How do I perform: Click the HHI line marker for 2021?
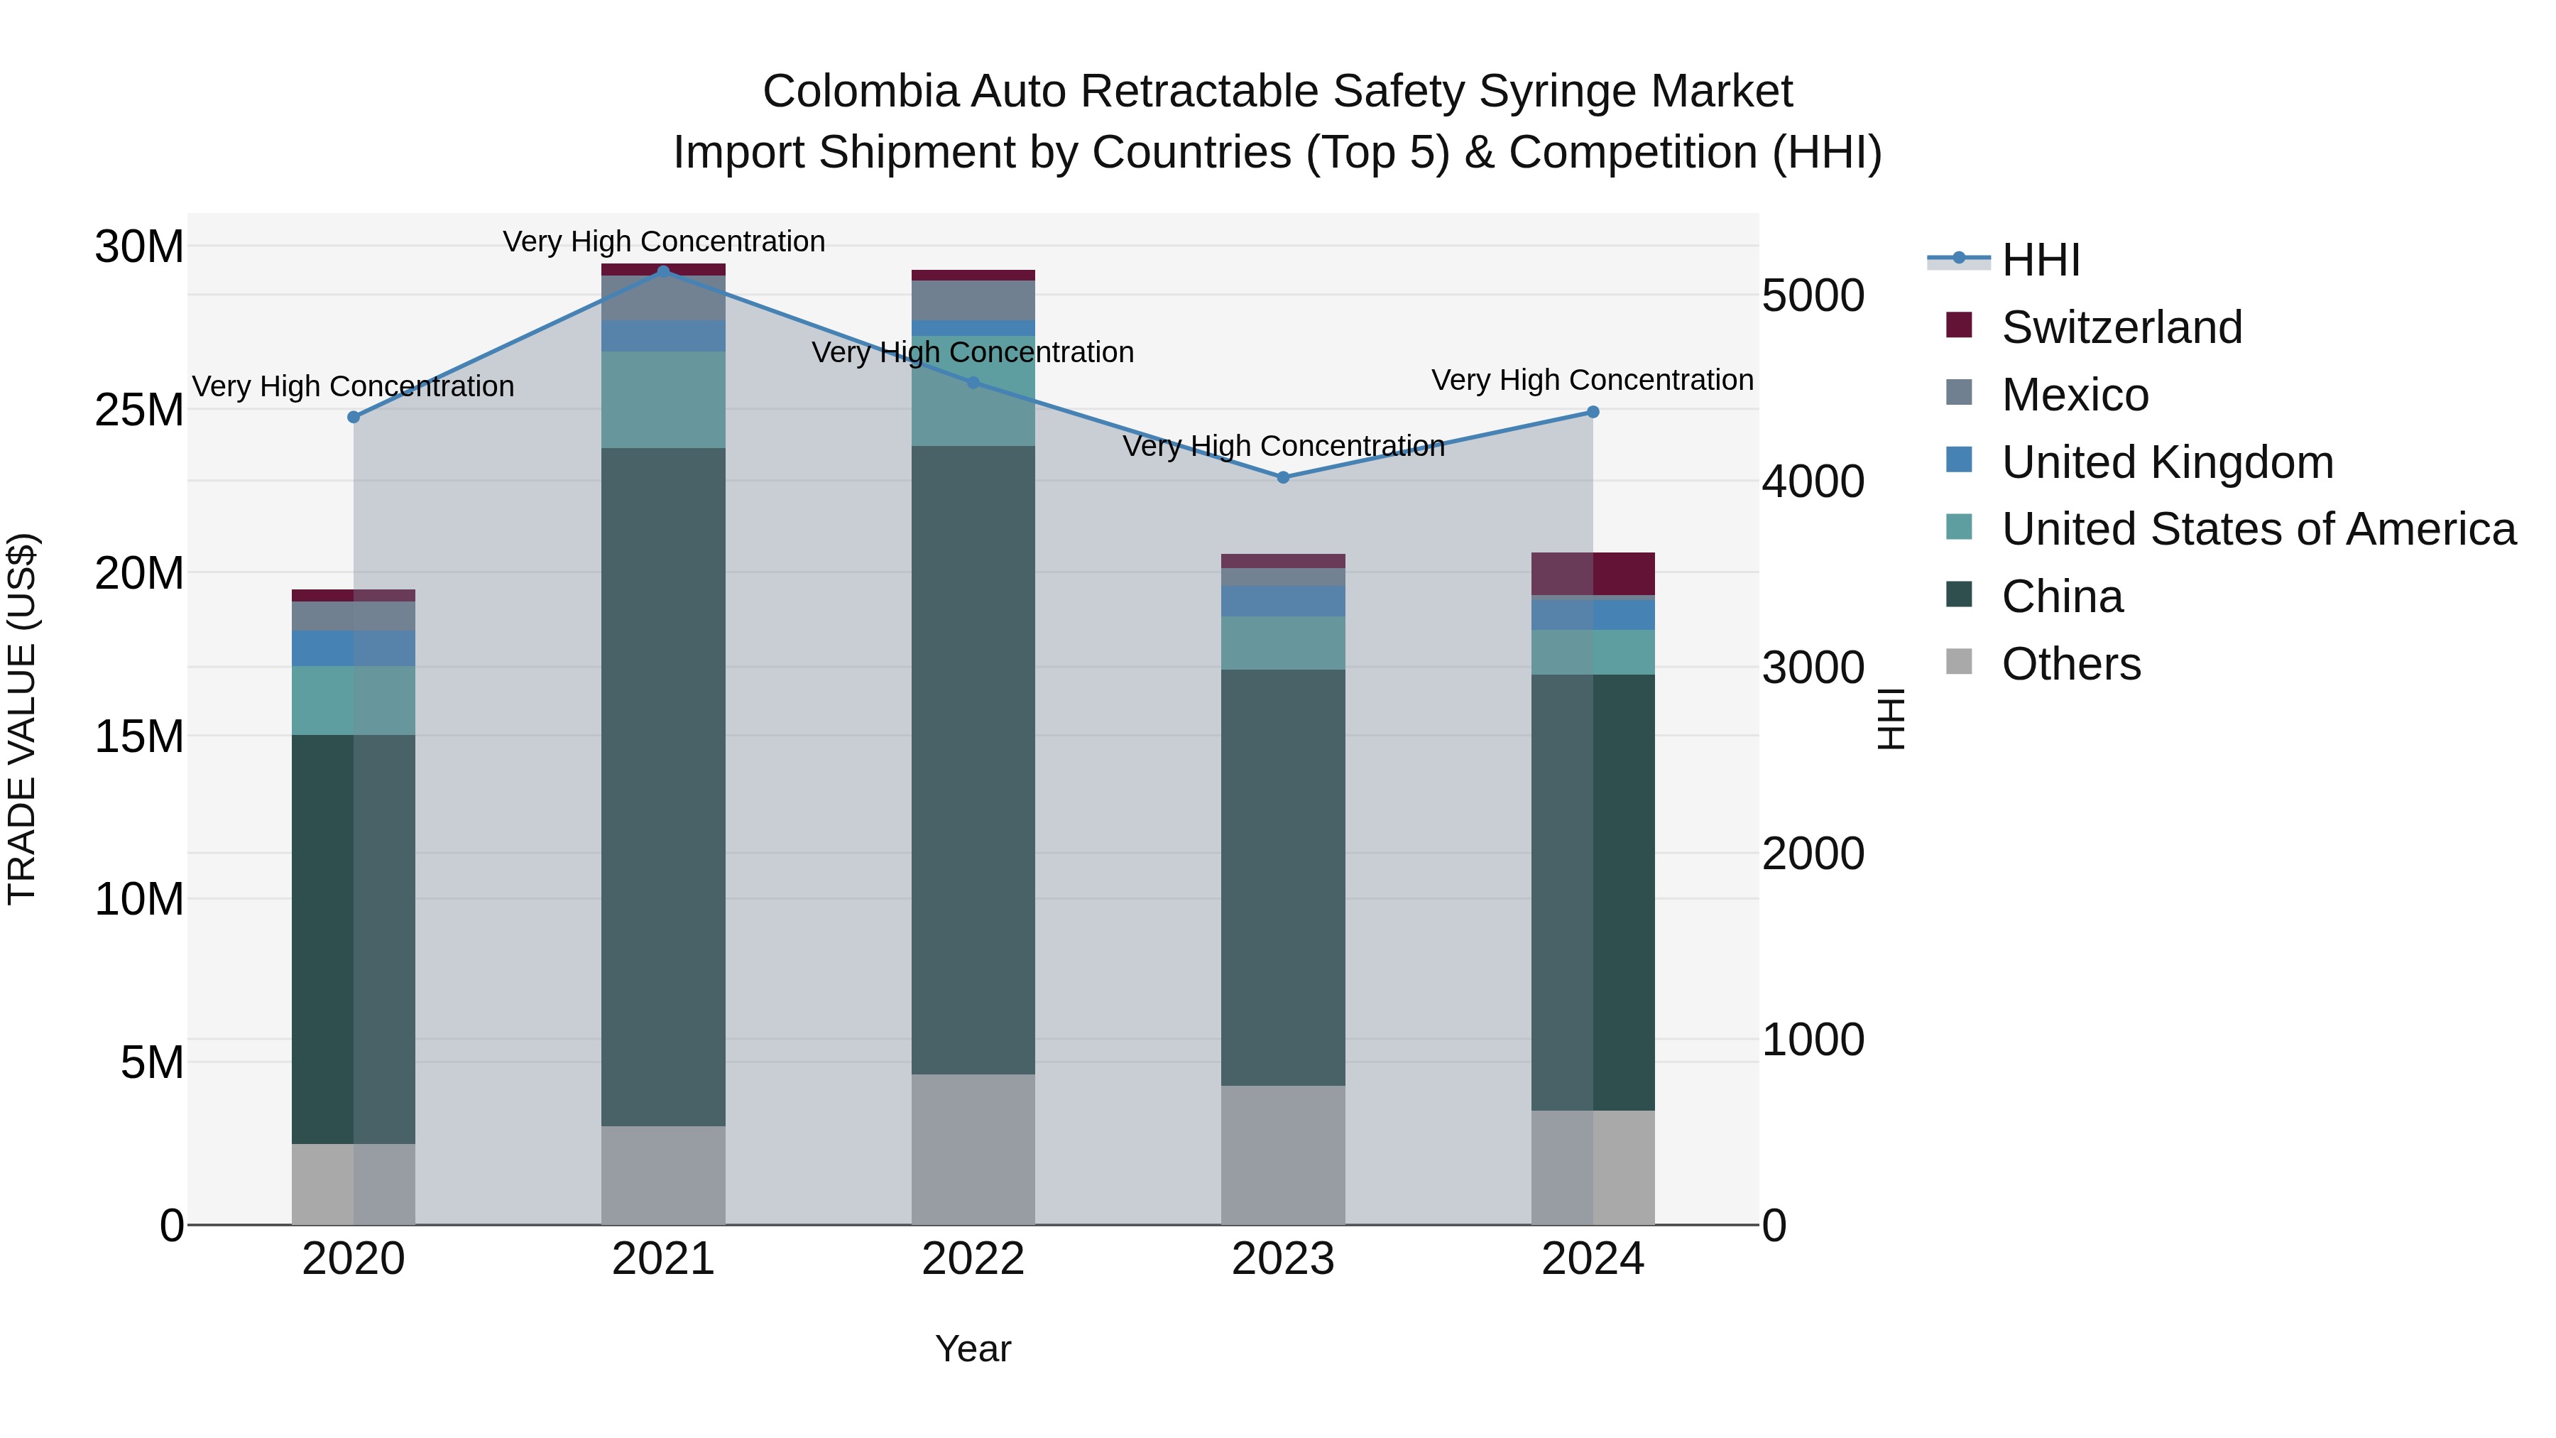pos(664,271)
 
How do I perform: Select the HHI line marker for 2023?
pos(1283,477)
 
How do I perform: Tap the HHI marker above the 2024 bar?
pos(1593,412)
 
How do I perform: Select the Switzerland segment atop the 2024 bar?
pos(1593,574)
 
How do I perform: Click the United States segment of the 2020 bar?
pos(354,701)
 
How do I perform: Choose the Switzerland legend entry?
pos(2121,327)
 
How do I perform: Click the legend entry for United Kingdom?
pos(2167,462)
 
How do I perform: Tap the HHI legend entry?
pos(2040,260)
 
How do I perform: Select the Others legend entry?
pos(2071,664)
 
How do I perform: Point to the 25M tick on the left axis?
pos(139,410)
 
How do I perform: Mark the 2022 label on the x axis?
pos(973,1259)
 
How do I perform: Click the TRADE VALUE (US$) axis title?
pos(22,719)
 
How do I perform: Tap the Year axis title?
pos(973,1349)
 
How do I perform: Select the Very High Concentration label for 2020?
pos(354,386)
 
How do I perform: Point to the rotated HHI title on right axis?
pos(1891,719)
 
